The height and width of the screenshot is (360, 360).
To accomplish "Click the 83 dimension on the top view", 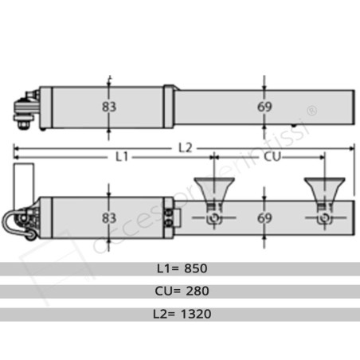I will tap(108, 105).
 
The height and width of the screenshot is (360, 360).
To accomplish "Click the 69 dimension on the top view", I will tap(264, 105).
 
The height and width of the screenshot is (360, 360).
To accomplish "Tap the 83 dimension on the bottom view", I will tap(108, 216).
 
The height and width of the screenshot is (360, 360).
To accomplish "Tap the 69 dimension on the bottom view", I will tap(264, 216).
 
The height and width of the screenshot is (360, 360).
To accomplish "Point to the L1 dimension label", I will tap(121, 157).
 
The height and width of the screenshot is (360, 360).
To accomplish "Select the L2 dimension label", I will tap(185, 147).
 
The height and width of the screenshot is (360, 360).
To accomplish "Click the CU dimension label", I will tap(272, 157).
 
